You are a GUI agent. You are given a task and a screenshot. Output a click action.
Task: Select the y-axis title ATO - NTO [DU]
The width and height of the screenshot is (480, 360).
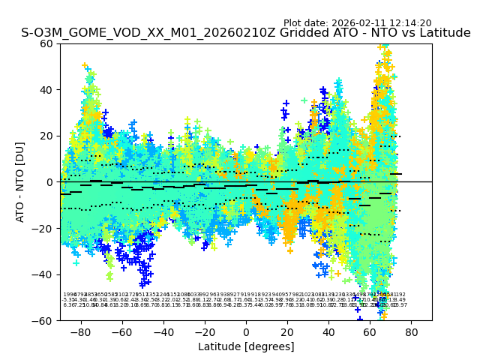(21, 181)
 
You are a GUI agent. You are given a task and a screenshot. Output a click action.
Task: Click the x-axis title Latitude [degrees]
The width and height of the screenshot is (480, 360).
(246, 347)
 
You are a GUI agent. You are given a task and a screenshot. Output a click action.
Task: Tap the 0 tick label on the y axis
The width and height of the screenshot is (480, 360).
(50, 182)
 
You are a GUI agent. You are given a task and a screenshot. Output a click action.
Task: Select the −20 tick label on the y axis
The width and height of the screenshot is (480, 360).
(44, 228)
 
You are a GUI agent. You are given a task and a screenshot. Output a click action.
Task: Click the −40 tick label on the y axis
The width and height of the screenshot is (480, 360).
(44, 274)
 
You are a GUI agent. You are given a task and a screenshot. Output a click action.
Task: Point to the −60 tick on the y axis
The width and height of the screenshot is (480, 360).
(44, 320)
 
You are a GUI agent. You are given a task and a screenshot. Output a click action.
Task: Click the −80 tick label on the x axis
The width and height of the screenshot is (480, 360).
(78, 331)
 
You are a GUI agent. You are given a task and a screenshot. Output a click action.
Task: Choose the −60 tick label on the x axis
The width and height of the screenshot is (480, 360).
(119, 331)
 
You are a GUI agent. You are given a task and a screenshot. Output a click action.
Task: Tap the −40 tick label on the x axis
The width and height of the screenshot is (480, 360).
(160, 331)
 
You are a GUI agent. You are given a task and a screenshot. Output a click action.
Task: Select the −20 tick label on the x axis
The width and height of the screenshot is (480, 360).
(202, 331)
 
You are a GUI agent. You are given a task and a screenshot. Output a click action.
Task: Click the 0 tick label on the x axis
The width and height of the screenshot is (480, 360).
(246, 331)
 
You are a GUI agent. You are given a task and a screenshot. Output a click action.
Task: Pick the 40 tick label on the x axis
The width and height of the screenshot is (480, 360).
(328, 331)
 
